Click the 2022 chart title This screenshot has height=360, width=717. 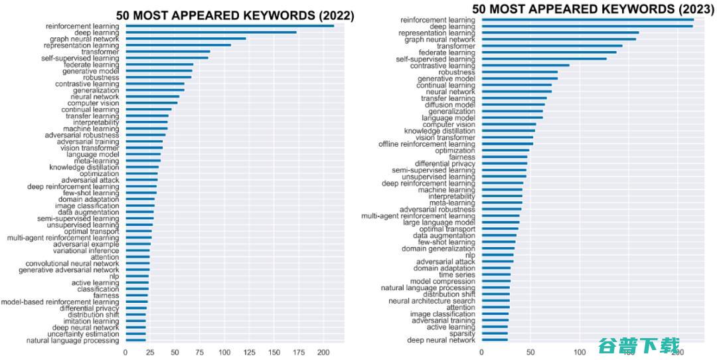coord(235,16)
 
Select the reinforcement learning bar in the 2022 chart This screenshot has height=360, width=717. coord(230,26)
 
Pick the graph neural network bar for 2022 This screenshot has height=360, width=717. coord(186,39)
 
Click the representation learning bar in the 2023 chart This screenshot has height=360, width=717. coord(560,33)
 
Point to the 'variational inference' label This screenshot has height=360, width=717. coord(86,251)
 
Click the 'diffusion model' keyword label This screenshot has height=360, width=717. coord(450,105)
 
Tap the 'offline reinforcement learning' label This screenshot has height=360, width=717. coord(427,144)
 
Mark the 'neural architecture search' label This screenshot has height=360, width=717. coord(432,301)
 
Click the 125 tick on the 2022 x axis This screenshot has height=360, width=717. coord(250,352)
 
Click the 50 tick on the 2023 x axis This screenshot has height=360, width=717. coord(530,353)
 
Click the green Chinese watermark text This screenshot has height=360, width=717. coord(639,346)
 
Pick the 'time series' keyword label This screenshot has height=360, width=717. coord(457,275)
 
